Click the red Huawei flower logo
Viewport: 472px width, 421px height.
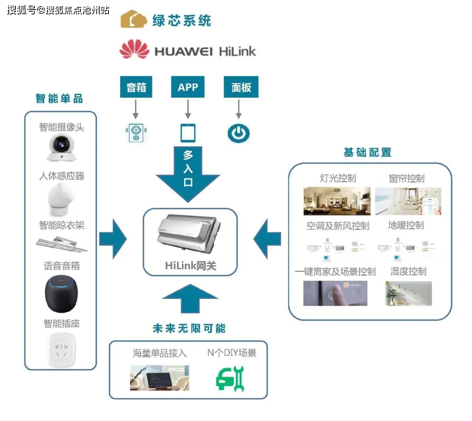pos(134,49)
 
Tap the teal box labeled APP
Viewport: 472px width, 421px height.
pos(188,87)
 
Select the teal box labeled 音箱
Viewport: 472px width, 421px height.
pos(136,87)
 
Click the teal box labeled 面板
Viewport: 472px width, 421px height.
pos(241,87)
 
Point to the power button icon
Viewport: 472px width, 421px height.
pos(239,133)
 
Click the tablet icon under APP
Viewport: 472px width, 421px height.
pos(188,133)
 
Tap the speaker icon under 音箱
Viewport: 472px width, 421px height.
pos(136,133)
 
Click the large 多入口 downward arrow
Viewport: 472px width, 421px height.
pos(188,175)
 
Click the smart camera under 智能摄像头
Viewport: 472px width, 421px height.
pos(61,148)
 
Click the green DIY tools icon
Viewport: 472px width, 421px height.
pos(230,378)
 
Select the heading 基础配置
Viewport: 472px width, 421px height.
pos(367,152)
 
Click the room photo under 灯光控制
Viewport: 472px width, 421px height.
pos(337,201)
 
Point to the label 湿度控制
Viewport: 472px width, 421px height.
pos(408,271)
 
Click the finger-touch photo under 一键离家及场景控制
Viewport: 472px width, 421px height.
pos(335,293)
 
